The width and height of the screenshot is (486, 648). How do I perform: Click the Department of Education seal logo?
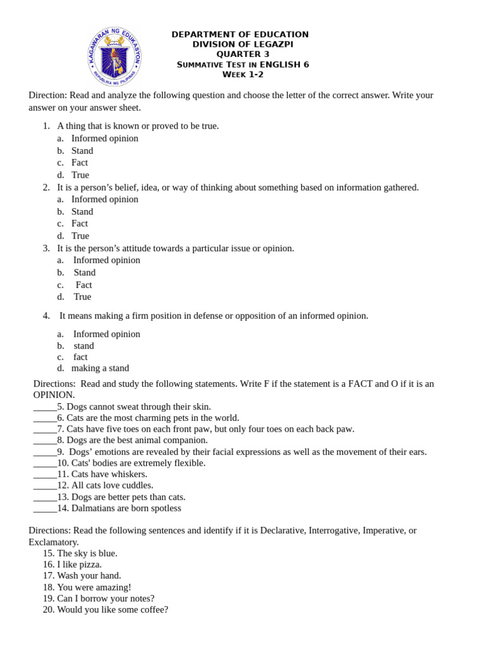[x=115, y=57]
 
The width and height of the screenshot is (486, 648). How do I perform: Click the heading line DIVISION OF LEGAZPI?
[x=242, y=44]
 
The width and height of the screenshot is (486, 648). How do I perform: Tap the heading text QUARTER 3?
[x=242, y=54]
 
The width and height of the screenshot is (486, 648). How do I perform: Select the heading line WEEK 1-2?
[x=242, y=75]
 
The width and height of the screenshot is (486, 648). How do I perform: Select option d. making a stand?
[x=100, y=368]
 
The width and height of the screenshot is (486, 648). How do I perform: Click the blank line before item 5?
[x=45, y=407]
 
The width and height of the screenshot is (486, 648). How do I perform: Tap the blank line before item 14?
[x=45, y=508]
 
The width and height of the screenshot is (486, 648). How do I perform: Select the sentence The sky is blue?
[x=87, y=553]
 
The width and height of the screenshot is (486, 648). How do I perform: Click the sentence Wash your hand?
[x=89, y=576]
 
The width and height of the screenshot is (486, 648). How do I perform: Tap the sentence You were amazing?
[x=94, y=587]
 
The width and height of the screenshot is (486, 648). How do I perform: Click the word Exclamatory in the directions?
[x=54, y=542]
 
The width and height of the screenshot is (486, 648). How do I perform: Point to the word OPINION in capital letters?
[x=54, y=395]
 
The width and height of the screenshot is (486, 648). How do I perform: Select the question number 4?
[x=46, y=316]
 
